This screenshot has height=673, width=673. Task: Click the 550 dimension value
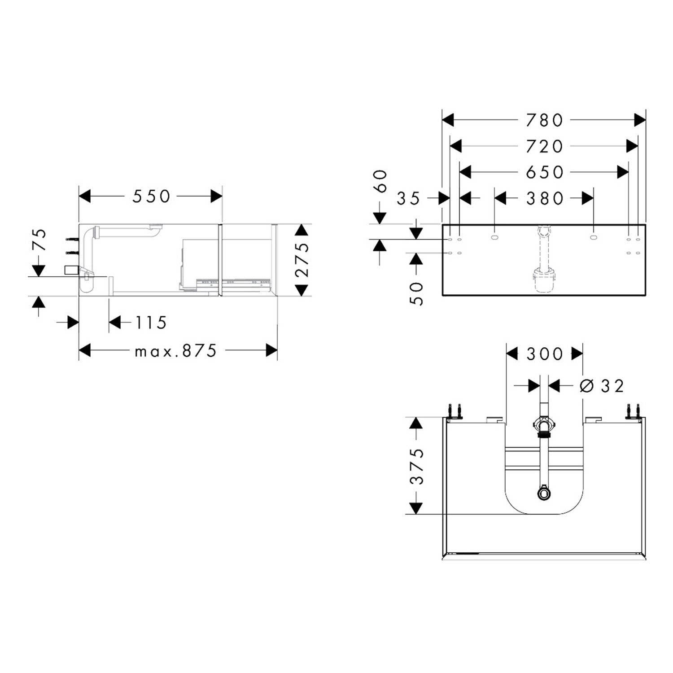click(152, 197)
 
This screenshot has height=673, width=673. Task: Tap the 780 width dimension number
click(544, 120)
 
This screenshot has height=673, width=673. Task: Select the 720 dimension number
click(544, 146)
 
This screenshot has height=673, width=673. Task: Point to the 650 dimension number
click(544, 172)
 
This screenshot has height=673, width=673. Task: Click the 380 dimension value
click(544, 198)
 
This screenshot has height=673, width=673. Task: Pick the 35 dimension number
click(408, 198)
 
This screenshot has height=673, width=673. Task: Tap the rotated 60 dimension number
click(380, 181)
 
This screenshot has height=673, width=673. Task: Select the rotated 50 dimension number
click(417, 294)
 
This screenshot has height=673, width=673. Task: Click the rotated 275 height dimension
click(303, 260)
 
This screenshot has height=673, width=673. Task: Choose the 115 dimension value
click(151, 323)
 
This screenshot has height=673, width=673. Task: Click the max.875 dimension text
click(176, 350)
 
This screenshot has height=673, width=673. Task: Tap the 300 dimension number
click(544, 354)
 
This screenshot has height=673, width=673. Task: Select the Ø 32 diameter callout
click(601, 386)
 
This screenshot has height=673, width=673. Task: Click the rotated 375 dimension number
click(417, 466)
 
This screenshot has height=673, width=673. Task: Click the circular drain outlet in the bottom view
click(544, 494)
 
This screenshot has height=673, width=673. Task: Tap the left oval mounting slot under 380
click(494, 237)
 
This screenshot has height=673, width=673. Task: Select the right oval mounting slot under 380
click(593, 237)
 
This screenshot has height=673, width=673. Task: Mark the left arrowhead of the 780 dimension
click(448, 120)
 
